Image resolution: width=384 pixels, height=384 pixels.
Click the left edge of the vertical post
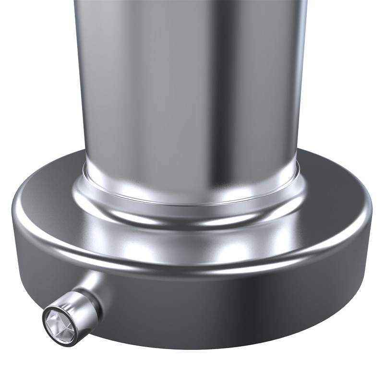tap(77, 72)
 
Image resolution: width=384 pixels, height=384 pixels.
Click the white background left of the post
tap(34, 72)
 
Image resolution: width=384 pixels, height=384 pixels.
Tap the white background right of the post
tap(346, 72)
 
